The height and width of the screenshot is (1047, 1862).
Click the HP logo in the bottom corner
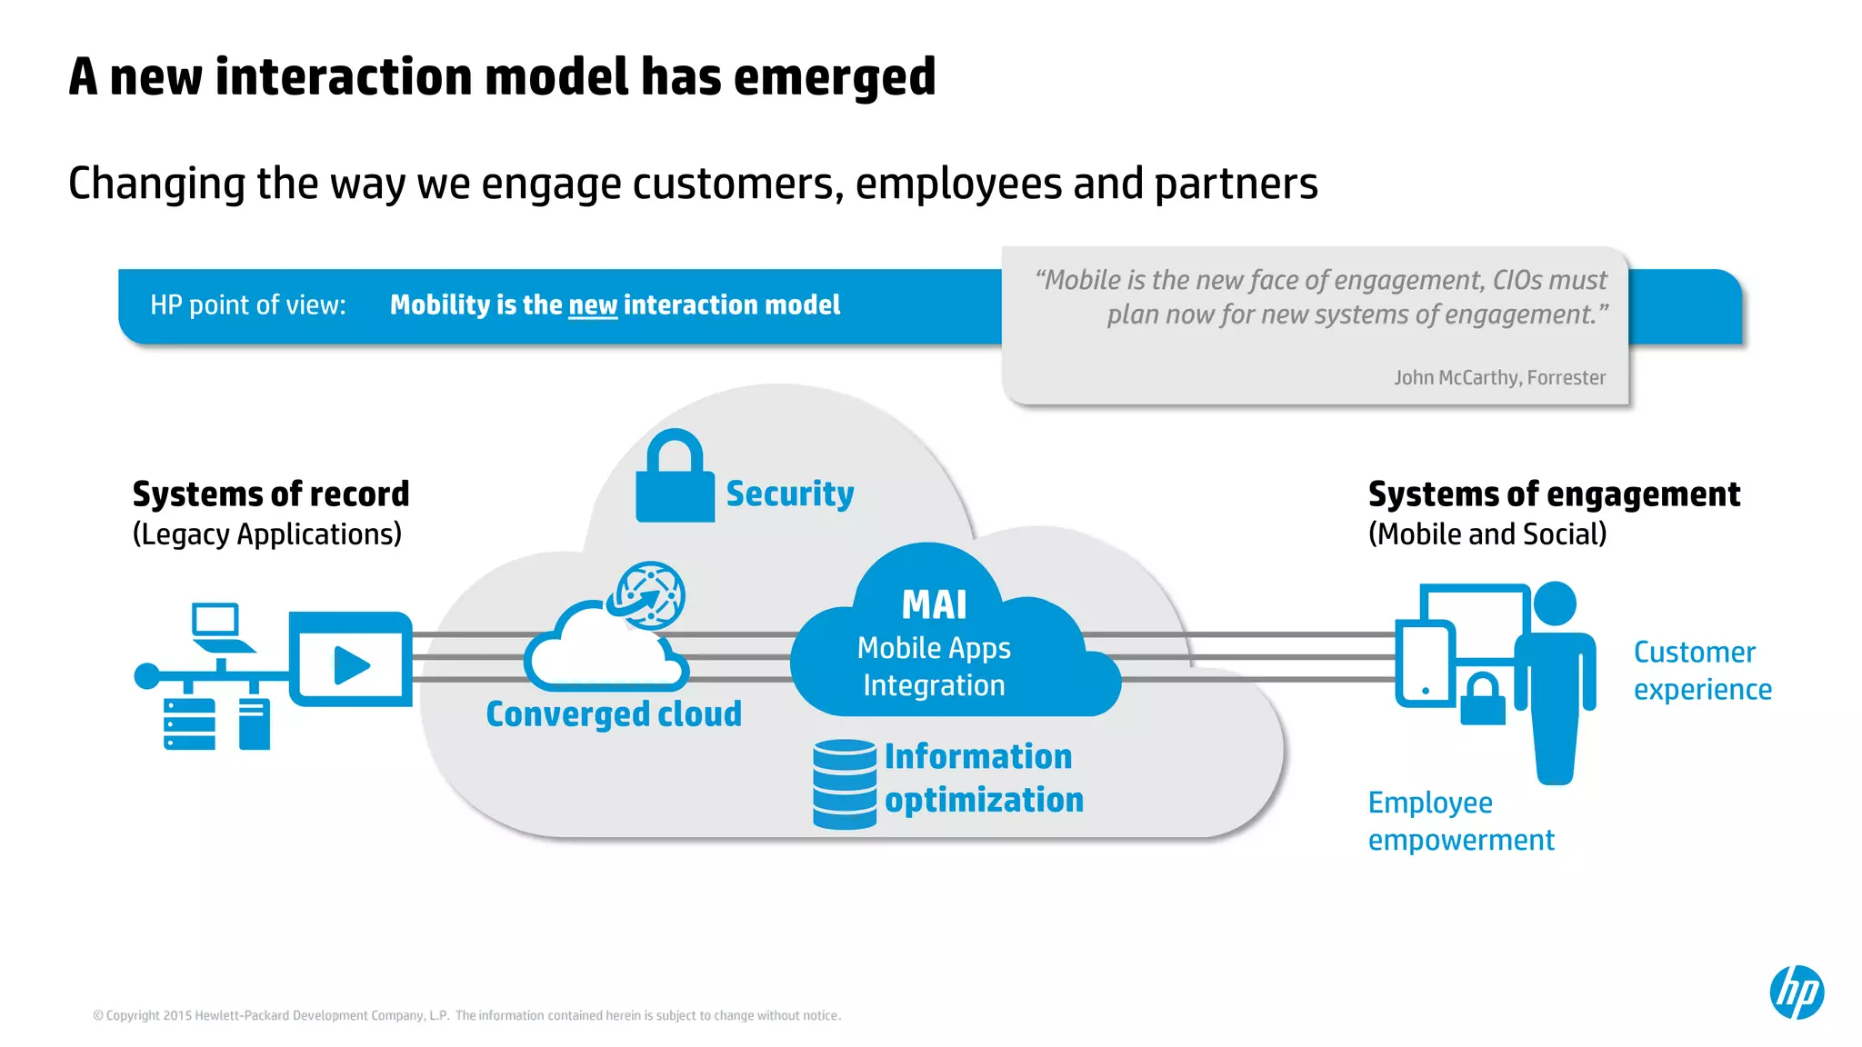(x=1797, y=992)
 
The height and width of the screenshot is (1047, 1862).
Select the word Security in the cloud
(x=789, y=494)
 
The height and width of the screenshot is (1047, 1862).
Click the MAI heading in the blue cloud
(x=934, y=604)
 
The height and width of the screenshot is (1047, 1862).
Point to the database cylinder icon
(x=845, y=783)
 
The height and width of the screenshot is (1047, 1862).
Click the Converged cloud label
(x=614, y=713)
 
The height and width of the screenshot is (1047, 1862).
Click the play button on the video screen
(x=351, y=665)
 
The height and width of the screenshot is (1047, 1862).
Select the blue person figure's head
(x=1555, y=603)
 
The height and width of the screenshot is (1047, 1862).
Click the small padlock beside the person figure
(x=1483, y=700)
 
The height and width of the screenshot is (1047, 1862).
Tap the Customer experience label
(x=1702, y=671)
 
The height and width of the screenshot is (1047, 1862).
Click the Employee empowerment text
(x=1460, y=821)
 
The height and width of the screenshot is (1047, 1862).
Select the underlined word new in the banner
(x=593, y=305)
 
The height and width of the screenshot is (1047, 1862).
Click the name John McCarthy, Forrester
(x=1499, y=377)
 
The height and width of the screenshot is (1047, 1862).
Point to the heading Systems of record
(x=271, y=494)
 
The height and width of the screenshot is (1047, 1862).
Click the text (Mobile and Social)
(x=1487, y=534)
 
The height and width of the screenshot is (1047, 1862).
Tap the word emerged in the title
(x=834, y=76)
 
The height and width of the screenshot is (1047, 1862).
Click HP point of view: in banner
(x=247, y=305)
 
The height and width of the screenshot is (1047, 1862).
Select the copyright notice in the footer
(x=466, y=1015)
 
